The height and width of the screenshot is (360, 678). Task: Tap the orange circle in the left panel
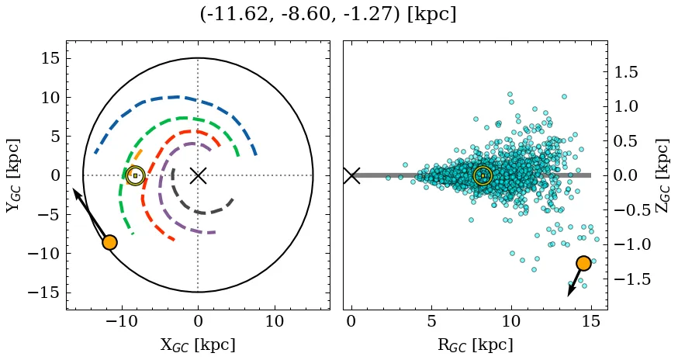109,242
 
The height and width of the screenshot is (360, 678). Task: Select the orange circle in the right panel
583,263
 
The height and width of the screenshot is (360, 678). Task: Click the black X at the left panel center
198,175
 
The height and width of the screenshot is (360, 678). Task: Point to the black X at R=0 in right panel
351,175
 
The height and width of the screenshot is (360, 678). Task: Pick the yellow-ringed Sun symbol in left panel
135,175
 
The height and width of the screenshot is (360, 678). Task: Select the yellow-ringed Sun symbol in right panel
483,175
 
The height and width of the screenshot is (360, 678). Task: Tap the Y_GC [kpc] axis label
13,175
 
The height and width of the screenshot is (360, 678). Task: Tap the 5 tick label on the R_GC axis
431,322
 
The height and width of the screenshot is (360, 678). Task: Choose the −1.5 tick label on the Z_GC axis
629,279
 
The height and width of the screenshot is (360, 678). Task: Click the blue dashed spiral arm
177,98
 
